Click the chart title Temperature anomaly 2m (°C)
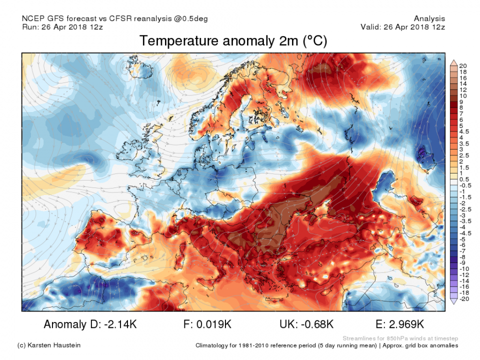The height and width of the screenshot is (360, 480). point(233,41)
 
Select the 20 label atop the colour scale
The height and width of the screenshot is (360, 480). point(463,65)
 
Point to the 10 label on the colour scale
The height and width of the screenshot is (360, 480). point(463,95)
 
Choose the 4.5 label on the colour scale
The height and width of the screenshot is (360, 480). point(464,131)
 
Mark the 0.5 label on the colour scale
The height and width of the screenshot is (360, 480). point(464,179)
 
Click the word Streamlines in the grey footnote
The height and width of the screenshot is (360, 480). point(358,338)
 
